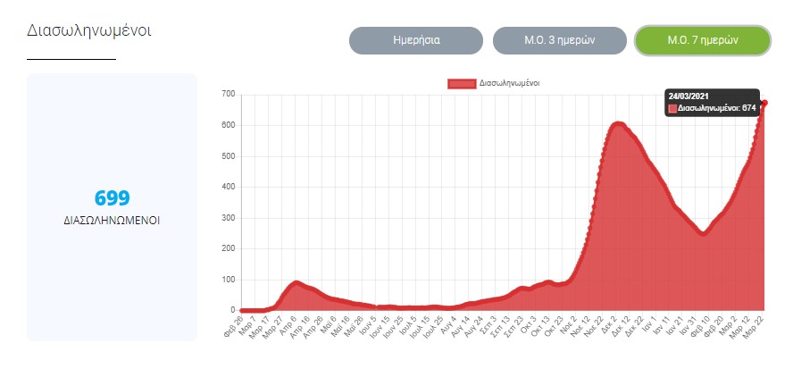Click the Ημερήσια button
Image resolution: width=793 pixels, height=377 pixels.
415,40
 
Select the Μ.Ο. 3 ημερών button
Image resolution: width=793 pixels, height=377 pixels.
558,40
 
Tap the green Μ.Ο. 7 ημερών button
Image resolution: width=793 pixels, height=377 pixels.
701,40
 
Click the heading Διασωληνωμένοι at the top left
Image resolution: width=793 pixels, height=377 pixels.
89,29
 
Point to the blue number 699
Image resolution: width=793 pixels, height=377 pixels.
112,198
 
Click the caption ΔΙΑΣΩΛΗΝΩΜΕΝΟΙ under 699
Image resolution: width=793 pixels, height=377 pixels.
112,220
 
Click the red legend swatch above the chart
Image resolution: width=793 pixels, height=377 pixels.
462,83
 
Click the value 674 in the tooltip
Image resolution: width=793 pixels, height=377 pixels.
748,108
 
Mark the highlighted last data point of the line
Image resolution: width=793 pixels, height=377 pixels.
764,103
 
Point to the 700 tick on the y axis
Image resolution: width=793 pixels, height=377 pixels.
228,94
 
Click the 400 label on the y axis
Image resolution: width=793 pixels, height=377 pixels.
228,187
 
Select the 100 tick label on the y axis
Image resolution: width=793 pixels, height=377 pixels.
228,280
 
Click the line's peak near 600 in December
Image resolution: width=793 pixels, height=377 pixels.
618,124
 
